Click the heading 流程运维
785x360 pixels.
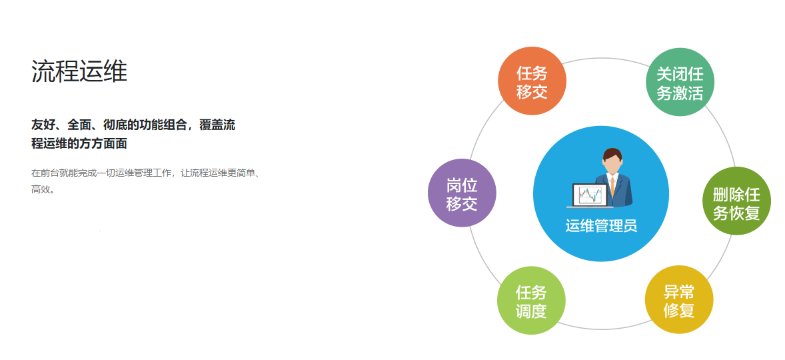click(x=79, y=71)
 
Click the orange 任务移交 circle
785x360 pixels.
click(x=532, y=81)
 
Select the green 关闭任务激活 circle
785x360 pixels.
click(x=680, y=82)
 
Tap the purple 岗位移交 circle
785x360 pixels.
click(x=462, y=193)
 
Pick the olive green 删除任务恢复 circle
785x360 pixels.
click(x=736, y=201)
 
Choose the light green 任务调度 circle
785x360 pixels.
click(x=531, y=300)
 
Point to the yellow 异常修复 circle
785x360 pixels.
click(x=679, y=299)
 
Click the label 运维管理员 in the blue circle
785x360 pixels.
click(x=601, y=225)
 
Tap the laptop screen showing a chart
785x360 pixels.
click(x=590, y=195)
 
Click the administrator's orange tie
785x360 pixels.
click(x=612, y=186)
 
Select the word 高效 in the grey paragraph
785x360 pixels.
click(x=40, y=190)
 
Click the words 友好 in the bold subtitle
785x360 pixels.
click(x=42, y=125)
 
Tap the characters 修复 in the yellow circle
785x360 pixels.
click(x=679, y=311)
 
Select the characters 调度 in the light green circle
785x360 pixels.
click(x=531, y=311)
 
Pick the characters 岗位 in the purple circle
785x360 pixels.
click(x=462, y=185)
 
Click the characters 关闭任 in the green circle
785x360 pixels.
click(x=680, y=75)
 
